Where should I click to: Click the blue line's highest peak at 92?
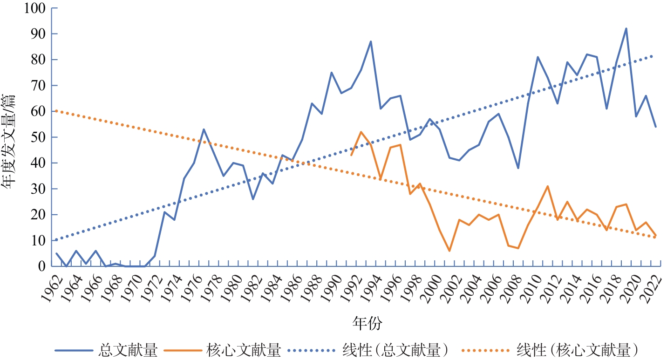click(x=626, y=28)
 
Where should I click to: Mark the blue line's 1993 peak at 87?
click(x=371, y=41)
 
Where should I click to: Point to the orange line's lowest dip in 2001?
click(x=449, y=251)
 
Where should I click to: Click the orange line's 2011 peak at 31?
click(x=548, y=186)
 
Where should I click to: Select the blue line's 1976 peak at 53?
click(x=204, y=129)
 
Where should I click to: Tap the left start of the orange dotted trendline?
click(x=56, y=111)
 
